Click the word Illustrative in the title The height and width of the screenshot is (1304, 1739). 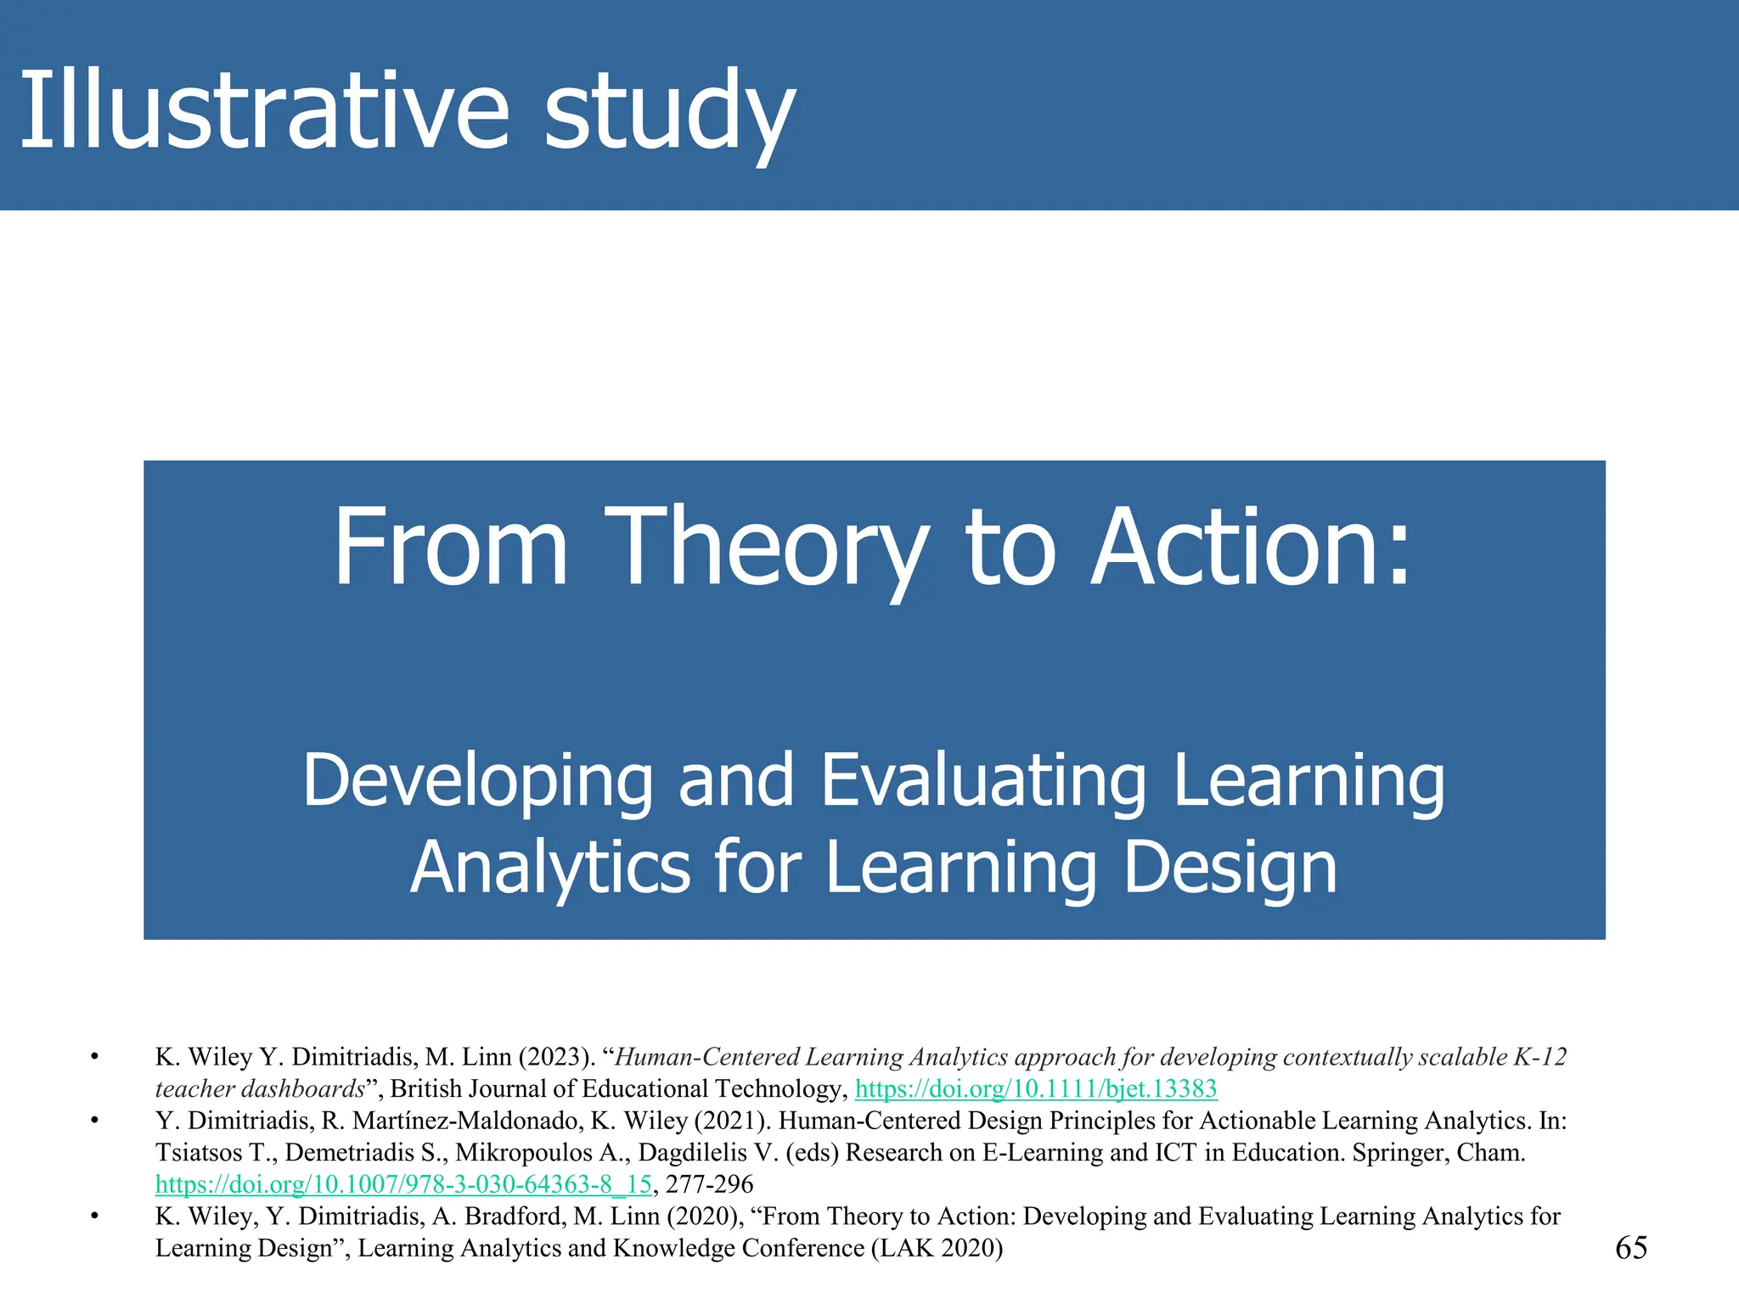point(263,110)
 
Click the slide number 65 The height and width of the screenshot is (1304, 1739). point(1630,1247)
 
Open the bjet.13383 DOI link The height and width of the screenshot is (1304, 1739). point(1036,1089)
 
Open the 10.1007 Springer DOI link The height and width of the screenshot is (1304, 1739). point(403,1184)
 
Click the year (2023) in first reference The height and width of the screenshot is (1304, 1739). point(556,1057)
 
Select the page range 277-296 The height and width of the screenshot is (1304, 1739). point(709,1184)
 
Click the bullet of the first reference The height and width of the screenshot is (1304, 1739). point(95,1058)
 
